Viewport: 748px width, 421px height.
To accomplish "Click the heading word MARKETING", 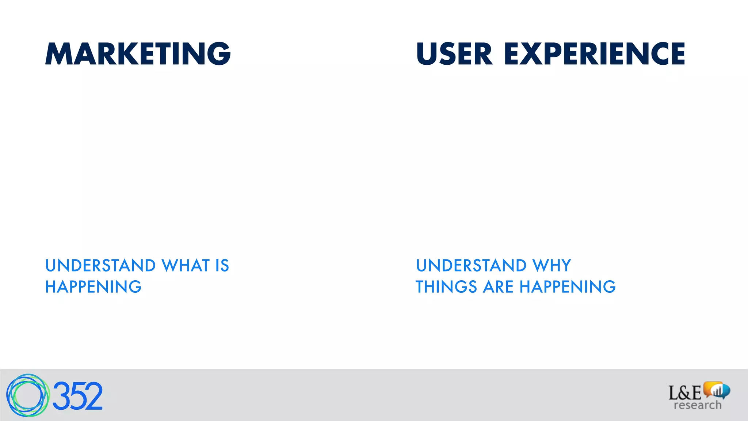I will point(138,54).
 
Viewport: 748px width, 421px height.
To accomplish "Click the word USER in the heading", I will point(454,54).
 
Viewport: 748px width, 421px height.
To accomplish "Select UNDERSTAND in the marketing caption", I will point(100,266).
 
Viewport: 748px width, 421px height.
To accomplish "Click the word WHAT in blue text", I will point(186,266).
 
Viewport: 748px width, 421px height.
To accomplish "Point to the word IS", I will point(222,266).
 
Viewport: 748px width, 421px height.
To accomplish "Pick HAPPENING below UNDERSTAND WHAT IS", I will point(93,287).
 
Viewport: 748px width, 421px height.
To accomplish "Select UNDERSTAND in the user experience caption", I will point(471,266).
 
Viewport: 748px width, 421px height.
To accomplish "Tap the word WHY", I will point(552,266).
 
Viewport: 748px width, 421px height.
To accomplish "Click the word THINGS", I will point(446,287).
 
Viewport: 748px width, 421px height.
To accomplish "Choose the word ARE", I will point(498,287).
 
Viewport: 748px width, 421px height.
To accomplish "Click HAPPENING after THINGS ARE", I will point(568,287).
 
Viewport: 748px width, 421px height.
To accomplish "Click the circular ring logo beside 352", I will point(27,395).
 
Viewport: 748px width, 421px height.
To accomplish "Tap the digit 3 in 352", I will point(61,396).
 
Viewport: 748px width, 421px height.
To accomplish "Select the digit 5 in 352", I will point(77,396).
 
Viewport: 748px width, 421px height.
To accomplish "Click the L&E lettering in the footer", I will point(684,393).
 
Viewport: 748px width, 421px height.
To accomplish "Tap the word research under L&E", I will point(697,405).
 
